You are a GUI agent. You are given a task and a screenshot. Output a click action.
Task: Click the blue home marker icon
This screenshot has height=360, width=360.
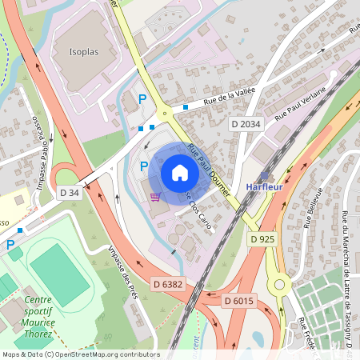pyautogui.click(x=180, y=173)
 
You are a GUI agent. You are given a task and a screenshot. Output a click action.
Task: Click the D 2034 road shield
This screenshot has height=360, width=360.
pyautogui.click(x=246, y=123)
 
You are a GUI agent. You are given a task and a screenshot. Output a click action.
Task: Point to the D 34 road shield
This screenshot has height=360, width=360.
pyautogui.click(x=70, y=192)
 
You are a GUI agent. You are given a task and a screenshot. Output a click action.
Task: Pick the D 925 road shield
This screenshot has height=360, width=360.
pyautogui.click(x=262, y=239)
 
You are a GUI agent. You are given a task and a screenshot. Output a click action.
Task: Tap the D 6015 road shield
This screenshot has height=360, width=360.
pyautogui.click(x=238, y=300)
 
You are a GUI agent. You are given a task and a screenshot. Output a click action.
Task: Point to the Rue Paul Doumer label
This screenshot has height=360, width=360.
pyautogui.click(x=209, y=170)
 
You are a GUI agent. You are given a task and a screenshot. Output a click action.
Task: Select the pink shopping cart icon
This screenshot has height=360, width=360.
pyautogui.click(x=155, y=196)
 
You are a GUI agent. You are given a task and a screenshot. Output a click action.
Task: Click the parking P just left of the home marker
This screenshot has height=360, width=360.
pyautogui.click(x=144, y=166)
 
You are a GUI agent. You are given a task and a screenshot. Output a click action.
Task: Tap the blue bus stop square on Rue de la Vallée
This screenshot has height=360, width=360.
pyautogui.click(x=186, y=106)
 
